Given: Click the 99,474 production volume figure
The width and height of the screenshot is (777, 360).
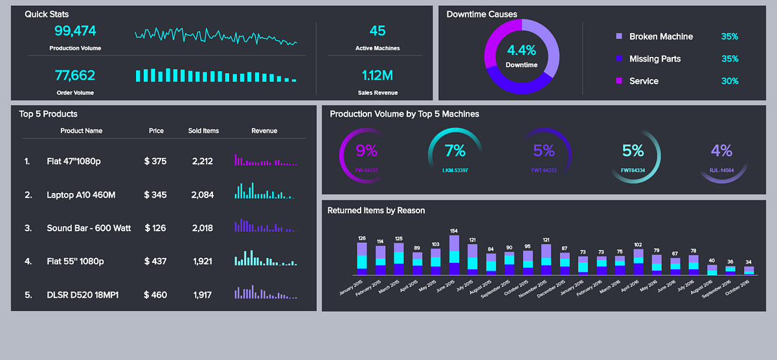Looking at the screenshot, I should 75,30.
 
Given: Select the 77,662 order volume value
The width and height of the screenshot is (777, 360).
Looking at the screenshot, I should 75,75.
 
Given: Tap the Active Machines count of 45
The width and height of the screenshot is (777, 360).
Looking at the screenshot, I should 377,30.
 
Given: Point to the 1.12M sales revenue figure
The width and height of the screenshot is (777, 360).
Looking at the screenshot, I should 377,75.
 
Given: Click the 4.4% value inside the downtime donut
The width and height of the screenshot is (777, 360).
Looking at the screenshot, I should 521,51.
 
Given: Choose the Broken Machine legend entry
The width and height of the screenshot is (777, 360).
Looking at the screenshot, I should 660,37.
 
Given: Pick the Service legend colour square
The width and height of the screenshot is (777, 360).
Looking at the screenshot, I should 619,81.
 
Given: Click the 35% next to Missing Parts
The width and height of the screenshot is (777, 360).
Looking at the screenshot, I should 730,59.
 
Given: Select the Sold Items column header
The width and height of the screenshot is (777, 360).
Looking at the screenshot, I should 203,131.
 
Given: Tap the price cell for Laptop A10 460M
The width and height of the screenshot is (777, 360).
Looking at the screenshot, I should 155,194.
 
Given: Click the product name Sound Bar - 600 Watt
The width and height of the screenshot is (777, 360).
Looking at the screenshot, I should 89,228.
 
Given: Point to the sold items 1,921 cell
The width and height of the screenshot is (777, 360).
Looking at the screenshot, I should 203,262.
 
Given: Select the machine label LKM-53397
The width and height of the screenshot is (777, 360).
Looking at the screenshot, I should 455,170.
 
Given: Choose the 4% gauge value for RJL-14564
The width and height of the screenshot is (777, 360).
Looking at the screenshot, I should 721,151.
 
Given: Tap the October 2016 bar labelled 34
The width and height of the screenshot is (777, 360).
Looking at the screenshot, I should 749,271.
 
